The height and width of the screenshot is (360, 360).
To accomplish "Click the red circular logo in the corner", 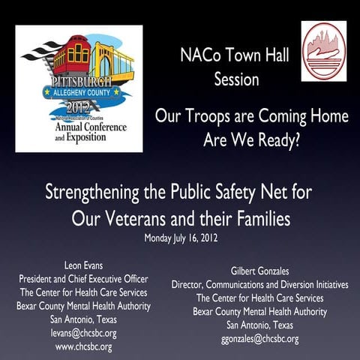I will [324, 50].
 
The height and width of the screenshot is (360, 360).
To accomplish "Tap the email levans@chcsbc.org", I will [84, 332].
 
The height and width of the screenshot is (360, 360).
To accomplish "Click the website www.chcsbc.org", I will [84, 346].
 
